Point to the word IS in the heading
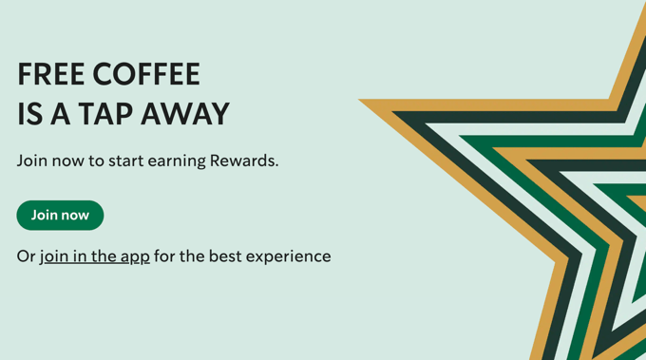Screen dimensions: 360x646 click(29, 114)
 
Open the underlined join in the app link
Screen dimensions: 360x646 click(95, 256)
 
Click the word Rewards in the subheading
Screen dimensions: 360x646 click(245, 161)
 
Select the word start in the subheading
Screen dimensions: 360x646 click(128, 161)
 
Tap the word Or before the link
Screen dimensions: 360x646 click(26, 256)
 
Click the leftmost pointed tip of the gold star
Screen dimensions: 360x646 click(361, 100)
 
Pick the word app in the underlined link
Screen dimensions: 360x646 click(135, 257)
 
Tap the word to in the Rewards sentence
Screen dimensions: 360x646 click(97, 161)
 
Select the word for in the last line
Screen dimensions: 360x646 click(165, 256)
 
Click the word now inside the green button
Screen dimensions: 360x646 click(75, 216)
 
